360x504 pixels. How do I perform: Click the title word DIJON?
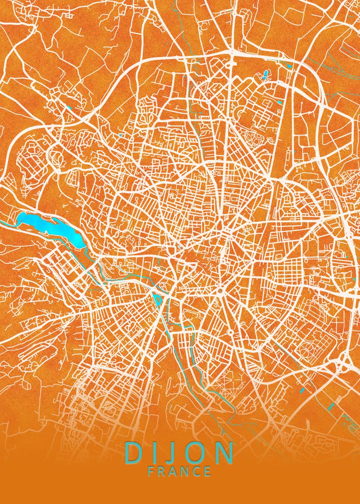[179, 453]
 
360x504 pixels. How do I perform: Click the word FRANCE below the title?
[179, 471]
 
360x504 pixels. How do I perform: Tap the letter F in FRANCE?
[151, 471]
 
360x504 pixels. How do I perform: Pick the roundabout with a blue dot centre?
[220, 290]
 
